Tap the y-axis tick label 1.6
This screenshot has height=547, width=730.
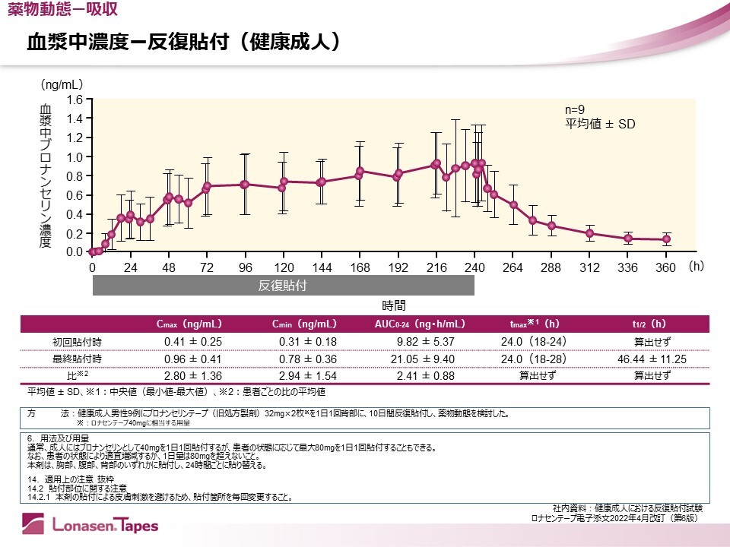(74, 100)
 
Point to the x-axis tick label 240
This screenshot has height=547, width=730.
(474, 267)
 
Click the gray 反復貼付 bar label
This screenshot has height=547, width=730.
(283, 286)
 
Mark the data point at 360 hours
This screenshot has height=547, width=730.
(667, 239)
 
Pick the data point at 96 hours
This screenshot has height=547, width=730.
(244, 185)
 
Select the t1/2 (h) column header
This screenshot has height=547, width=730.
(652, 324)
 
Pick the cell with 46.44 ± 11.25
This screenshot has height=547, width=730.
(652, 359)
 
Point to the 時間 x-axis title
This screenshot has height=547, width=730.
(393, 305)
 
